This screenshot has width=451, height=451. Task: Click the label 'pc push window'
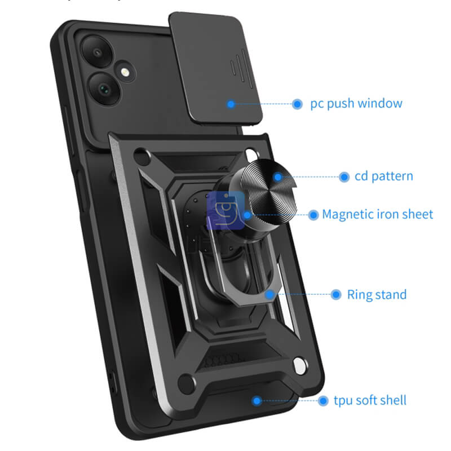(356, 104)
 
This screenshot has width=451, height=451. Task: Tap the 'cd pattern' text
(384, 176)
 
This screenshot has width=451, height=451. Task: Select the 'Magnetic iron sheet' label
(377, 214)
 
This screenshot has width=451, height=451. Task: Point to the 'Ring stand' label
(377, 294)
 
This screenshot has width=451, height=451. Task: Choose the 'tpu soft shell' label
(370, 400)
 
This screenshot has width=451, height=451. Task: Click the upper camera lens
(97, 52)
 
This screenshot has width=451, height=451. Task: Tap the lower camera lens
(104, 89)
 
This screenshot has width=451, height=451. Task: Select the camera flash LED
(125, 72)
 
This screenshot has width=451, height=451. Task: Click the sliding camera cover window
(215, 68)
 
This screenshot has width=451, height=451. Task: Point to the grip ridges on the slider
(241, 68)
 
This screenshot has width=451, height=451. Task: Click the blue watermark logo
(226, 210)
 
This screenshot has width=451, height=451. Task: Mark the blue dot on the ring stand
(270, 294)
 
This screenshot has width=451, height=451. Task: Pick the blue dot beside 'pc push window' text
(297, 104)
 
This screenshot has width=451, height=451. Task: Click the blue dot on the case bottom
(257, 401)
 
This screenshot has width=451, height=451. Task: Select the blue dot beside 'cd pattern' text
(344, 177)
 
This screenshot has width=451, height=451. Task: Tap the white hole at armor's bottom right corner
(300, 365)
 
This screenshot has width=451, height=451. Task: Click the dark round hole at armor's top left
(142, 157)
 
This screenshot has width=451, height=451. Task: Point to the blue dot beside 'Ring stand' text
(335, 294)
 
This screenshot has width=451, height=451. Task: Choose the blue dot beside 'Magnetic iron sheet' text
(313, 215)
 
